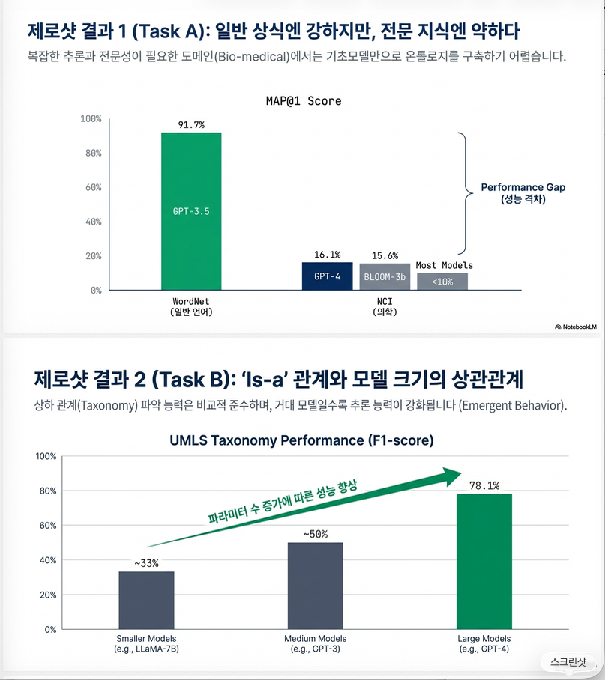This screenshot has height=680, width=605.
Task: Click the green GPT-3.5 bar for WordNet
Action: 191,211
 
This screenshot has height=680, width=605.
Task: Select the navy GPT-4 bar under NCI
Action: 327,276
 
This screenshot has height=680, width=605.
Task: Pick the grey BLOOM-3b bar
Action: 385,276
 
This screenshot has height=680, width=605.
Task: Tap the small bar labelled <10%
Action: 442,282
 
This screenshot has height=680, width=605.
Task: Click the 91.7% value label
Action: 191,124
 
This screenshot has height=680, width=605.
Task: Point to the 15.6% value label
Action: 385,255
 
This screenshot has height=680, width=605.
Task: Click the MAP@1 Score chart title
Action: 303,100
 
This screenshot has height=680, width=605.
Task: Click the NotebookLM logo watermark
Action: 575,327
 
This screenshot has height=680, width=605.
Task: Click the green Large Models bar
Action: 484,561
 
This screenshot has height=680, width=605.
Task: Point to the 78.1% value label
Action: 484,485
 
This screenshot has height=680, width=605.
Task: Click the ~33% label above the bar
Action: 147,563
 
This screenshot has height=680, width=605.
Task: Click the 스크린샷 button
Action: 569,661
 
